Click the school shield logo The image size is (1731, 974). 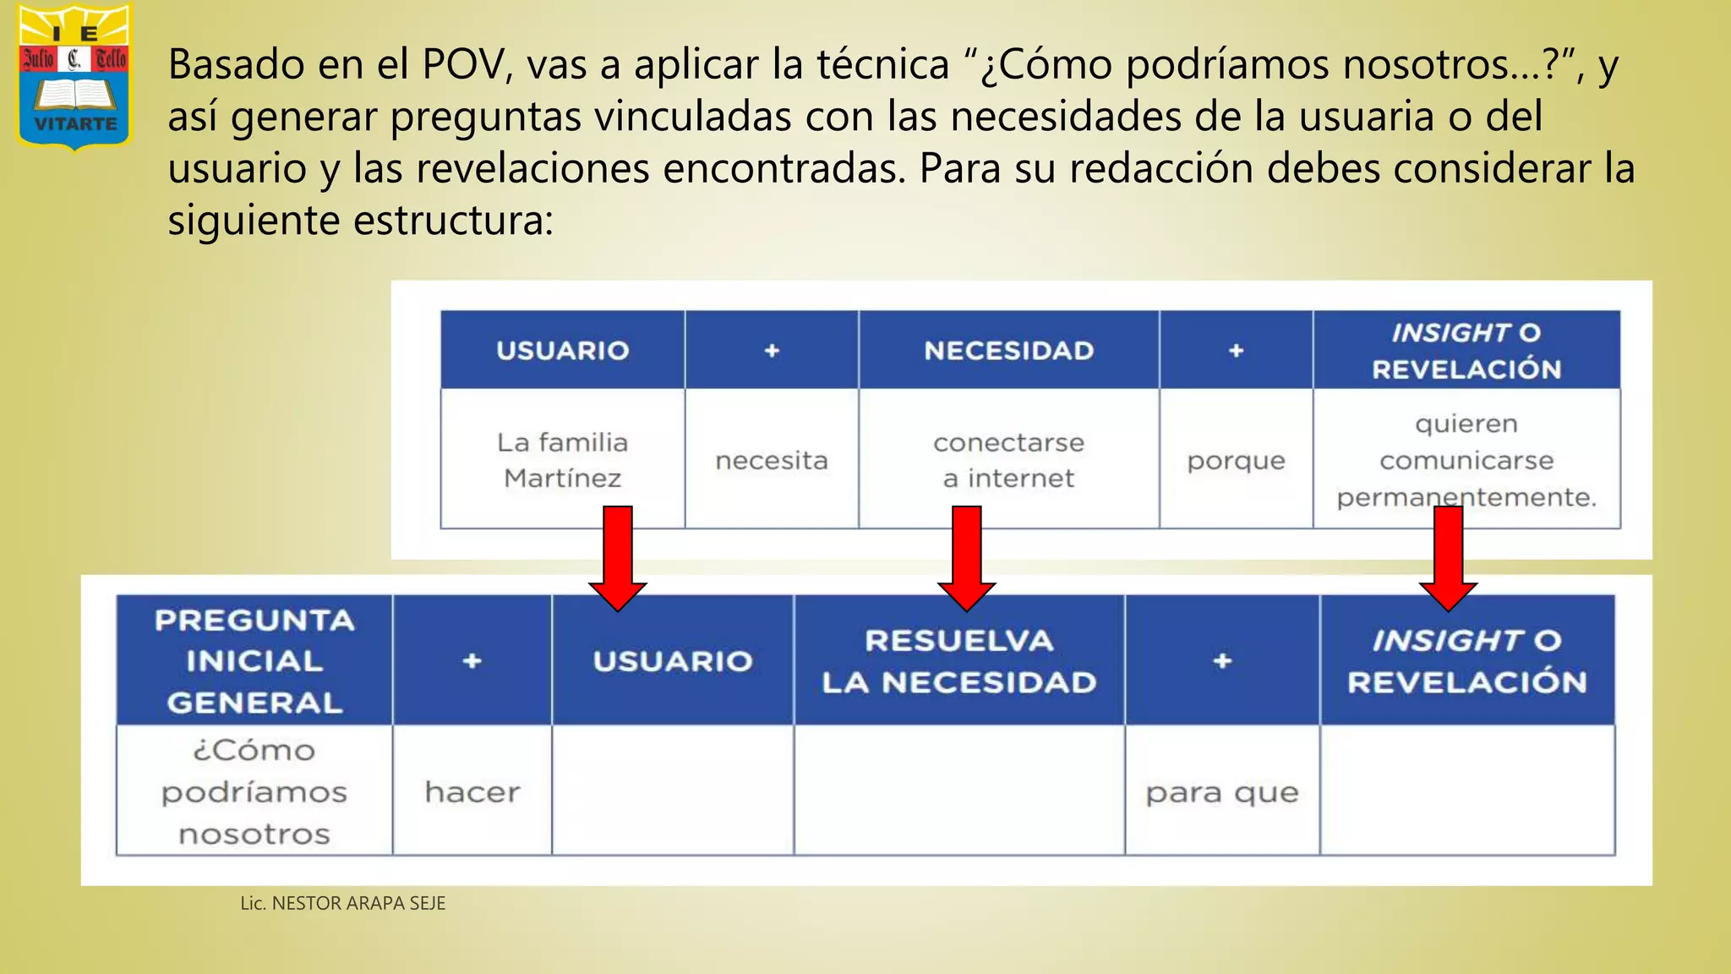click(75, 76)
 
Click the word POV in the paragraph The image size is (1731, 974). click(464, 64)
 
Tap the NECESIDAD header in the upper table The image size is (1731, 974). click(1008, 350)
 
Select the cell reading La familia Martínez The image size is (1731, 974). click(562, 459)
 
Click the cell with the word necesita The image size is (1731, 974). click(771, 460)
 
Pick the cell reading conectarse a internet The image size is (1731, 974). click(1008, 459)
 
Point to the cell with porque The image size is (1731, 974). click(1235, 460)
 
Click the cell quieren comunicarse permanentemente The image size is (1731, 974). click(1466, 459)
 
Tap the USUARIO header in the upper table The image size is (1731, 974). click(562, 350)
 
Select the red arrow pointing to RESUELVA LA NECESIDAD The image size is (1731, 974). click(966, 558)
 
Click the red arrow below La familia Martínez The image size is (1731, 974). click(618, 558)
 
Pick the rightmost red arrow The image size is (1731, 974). click(1448, 558)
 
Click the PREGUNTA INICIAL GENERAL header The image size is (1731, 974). click(254, 660)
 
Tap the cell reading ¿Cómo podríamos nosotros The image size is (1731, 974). click(254, 791)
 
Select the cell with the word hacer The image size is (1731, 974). click(472, 791)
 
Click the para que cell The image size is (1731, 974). click(1221, 791)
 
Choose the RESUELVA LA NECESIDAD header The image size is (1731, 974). click(958, 660)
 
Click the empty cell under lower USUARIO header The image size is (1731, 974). click(672, 791)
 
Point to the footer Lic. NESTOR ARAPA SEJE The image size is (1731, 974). click(342, 903)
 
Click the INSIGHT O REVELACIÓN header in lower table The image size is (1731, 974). click(1466, 660)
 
